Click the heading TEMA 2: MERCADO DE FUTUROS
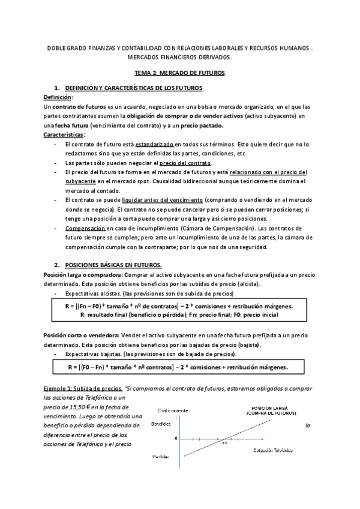179,73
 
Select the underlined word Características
64,135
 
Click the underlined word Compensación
85,229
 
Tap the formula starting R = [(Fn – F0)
179,307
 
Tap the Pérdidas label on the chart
160,457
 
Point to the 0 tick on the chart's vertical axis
176,438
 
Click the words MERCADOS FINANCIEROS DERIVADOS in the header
179,58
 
